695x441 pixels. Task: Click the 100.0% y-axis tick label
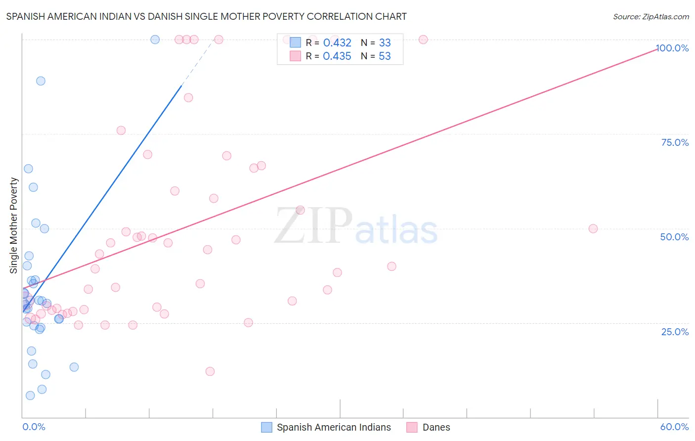pos(672,48)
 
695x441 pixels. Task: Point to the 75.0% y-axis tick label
pos(675,142)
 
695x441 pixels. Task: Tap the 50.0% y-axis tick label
pos(674,237)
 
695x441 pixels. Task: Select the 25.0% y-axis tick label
pos(675,332)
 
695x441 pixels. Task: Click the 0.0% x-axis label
pos(34,427)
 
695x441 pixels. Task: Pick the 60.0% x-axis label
pos(674,427)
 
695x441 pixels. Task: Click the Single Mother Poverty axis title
pos(14,225)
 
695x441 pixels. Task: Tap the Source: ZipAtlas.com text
pos(651,16)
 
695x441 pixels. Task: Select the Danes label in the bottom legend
pos(436,427)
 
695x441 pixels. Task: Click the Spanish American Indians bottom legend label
pos(334,427)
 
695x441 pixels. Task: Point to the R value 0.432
pos(337,43)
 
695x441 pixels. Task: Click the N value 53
pos(385,56)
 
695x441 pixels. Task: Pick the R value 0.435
pos(337,56)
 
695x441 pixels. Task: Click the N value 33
pos(385,43)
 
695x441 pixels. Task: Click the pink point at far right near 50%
pos(593,228)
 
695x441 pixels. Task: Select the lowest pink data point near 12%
pos(210,371)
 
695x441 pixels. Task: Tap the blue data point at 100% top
pos(155,40)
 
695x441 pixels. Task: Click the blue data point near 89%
pos(41,81)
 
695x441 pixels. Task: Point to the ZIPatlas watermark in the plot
pos(356,226)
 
